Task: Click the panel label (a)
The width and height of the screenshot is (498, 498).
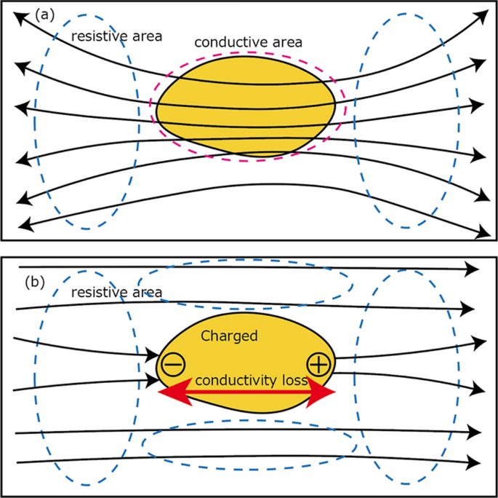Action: click(x=44, y=15)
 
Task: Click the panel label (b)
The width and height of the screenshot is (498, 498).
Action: click(x=37, y=280)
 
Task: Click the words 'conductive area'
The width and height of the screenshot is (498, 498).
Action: click(x=249, y=41)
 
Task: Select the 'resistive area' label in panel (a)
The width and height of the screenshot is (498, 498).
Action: click(x=116, y=35)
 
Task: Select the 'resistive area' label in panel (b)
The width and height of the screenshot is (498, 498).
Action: click(x=116, y=293)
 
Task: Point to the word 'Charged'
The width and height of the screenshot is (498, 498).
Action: click(x=230, y=337)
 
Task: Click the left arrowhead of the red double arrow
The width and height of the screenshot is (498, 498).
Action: click(x=169, y=392)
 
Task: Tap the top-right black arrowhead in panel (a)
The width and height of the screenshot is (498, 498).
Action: click(x=479, y=15)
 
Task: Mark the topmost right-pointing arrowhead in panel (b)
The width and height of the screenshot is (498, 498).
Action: click(x=472, y=269)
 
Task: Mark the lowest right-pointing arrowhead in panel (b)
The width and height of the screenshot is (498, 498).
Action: click(x=473, y=462)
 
